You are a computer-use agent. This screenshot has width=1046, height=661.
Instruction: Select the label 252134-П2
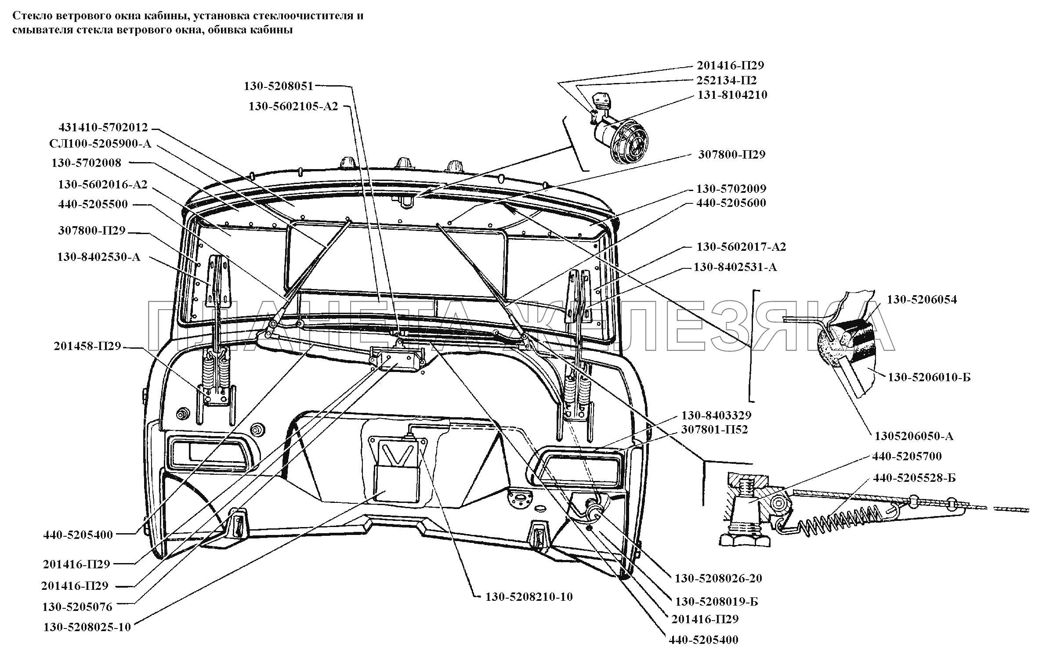pyautogui.click(x=726, y=80)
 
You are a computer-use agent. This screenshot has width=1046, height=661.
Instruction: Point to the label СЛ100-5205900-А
pyautogui.click(x=100, y=144)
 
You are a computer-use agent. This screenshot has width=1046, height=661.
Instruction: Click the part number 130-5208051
pyautogui.click(x=279, y=86)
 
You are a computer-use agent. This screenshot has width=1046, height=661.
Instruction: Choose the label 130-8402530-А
pyautogui.click(x=98, y=257)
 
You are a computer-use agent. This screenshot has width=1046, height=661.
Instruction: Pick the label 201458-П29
pyautogui.click(x=87, y=346)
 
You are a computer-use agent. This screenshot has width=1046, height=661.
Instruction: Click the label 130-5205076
pyautogui.click(x=77, y=607)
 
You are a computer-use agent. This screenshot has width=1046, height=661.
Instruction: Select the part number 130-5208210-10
pyautogui.click(x=528, y=597)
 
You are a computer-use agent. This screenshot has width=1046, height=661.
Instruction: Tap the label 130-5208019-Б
pyautogui.click(x=716, y=601)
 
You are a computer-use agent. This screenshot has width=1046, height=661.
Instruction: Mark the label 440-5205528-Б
pyautogui.click(x=914, y=477)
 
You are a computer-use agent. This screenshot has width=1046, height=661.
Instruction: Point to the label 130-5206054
pyautogui.click(x=921, y=300)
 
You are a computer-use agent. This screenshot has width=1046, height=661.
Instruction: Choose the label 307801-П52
pyautogui.click(x=714, y=429)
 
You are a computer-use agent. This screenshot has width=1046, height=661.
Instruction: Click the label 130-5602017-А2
pyautogui.click(x=741, y=247)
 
